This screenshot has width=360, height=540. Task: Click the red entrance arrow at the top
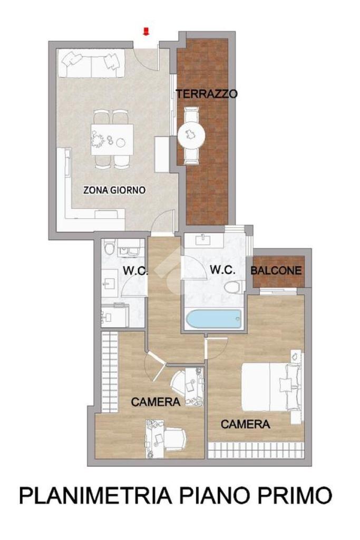(x=147, y=32)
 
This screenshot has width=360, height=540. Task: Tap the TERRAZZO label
(x=207, y=94)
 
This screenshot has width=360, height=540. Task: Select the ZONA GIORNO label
(x=114, y=190)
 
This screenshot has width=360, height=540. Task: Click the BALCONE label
(x=276, y=271)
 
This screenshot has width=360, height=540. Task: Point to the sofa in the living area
(x=91, y=64)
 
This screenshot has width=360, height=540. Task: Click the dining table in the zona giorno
(x=112, y=139)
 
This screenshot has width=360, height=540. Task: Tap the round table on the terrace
(x=191, y=134)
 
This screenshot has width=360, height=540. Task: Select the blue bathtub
(x=213, y=319)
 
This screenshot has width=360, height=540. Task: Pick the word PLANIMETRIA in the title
(x=95, y=495)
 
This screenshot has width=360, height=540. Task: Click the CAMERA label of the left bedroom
(x=155, y=401)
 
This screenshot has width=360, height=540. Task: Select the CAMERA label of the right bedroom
(x=245, y=425)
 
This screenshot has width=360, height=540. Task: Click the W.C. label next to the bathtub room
(x=222, y=269)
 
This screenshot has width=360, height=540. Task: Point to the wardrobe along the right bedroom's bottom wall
(x=256, y=450)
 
